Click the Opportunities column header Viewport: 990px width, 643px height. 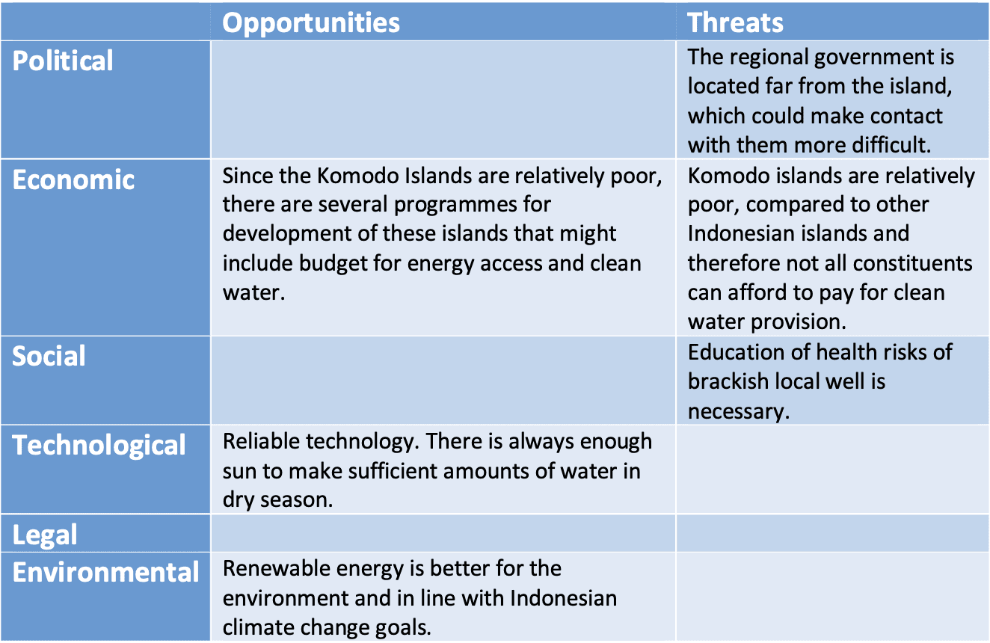(x=311, y=23)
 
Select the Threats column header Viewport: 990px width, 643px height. (x=735, y=22)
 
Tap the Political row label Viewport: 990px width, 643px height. (x=63, y=61)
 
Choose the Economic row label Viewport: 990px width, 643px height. (x=73, y=180)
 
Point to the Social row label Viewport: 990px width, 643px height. (x=49, y=356)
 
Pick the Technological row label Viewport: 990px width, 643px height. (x=99, y=446)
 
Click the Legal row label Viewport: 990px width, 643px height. (x=45, y=535)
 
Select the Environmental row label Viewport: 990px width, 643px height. (x=105, y=572)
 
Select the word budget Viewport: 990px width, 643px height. (x=333, y=264)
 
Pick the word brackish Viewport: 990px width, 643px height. (x=728, y=381)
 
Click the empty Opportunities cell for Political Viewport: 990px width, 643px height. (x=443, y=100)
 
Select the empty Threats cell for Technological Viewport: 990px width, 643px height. (x=832, y=470)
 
